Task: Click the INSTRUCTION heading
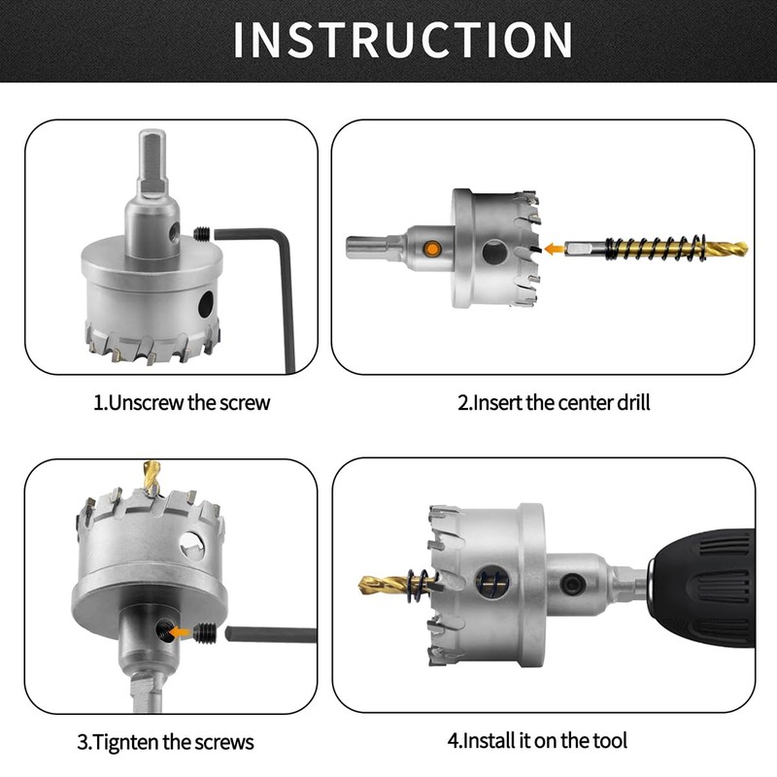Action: click(403, 40)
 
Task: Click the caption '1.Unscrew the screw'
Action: click(182, 402)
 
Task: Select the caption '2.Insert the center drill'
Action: click(554, 402)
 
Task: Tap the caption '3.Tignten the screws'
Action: click(165, 742)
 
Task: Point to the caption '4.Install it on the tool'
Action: click(537, 740)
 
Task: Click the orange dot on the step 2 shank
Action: click(432, 250)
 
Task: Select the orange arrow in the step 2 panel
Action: click(555, 249)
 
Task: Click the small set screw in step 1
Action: click(202, 233)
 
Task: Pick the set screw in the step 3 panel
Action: click(205, 633)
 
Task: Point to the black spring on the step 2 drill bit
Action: click(655, 247)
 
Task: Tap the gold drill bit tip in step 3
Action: click(152, 477)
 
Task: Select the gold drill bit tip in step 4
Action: click(383, 585)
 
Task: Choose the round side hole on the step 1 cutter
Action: click(206, 304)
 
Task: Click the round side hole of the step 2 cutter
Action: click(494, 252)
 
